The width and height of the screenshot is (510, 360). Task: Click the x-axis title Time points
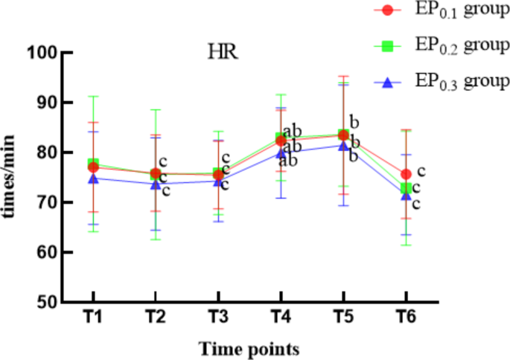click(x=249, y=347)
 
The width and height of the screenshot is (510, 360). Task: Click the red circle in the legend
click(x=386, y=10)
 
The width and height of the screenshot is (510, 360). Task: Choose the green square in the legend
click(x=386, y=46)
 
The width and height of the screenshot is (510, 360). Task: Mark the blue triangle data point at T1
click(x=92, y=179)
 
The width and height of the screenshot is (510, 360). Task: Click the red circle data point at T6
click(x=407, y=174)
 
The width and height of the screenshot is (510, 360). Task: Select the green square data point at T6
click(x=407, y=188)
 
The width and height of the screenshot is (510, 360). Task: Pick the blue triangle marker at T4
click(x=281, y=153)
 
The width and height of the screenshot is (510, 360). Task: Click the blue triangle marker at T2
click(x=156, y=184)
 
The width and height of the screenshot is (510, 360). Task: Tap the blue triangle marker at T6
click(x=407, y=195)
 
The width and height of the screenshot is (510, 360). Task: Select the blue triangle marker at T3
click(x=218, y=181)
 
